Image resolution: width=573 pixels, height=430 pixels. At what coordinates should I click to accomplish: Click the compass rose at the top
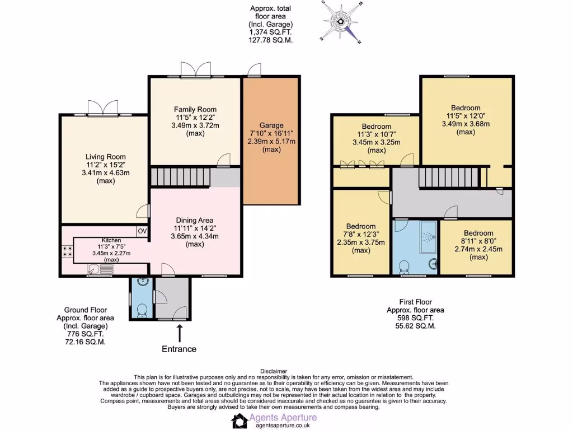[x=341, y=22]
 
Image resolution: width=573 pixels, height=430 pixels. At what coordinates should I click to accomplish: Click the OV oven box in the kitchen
[x=142, y=231]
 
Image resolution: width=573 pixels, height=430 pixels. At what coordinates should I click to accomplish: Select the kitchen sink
[x=100, y=269]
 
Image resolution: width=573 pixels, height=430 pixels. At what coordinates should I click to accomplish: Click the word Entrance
[x=179, y=349]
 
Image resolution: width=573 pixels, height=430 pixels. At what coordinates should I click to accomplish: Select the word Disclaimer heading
[x=274, y=371]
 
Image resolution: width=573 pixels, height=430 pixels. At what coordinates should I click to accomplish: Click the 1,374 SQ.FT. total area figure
[x=271, y=32]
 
